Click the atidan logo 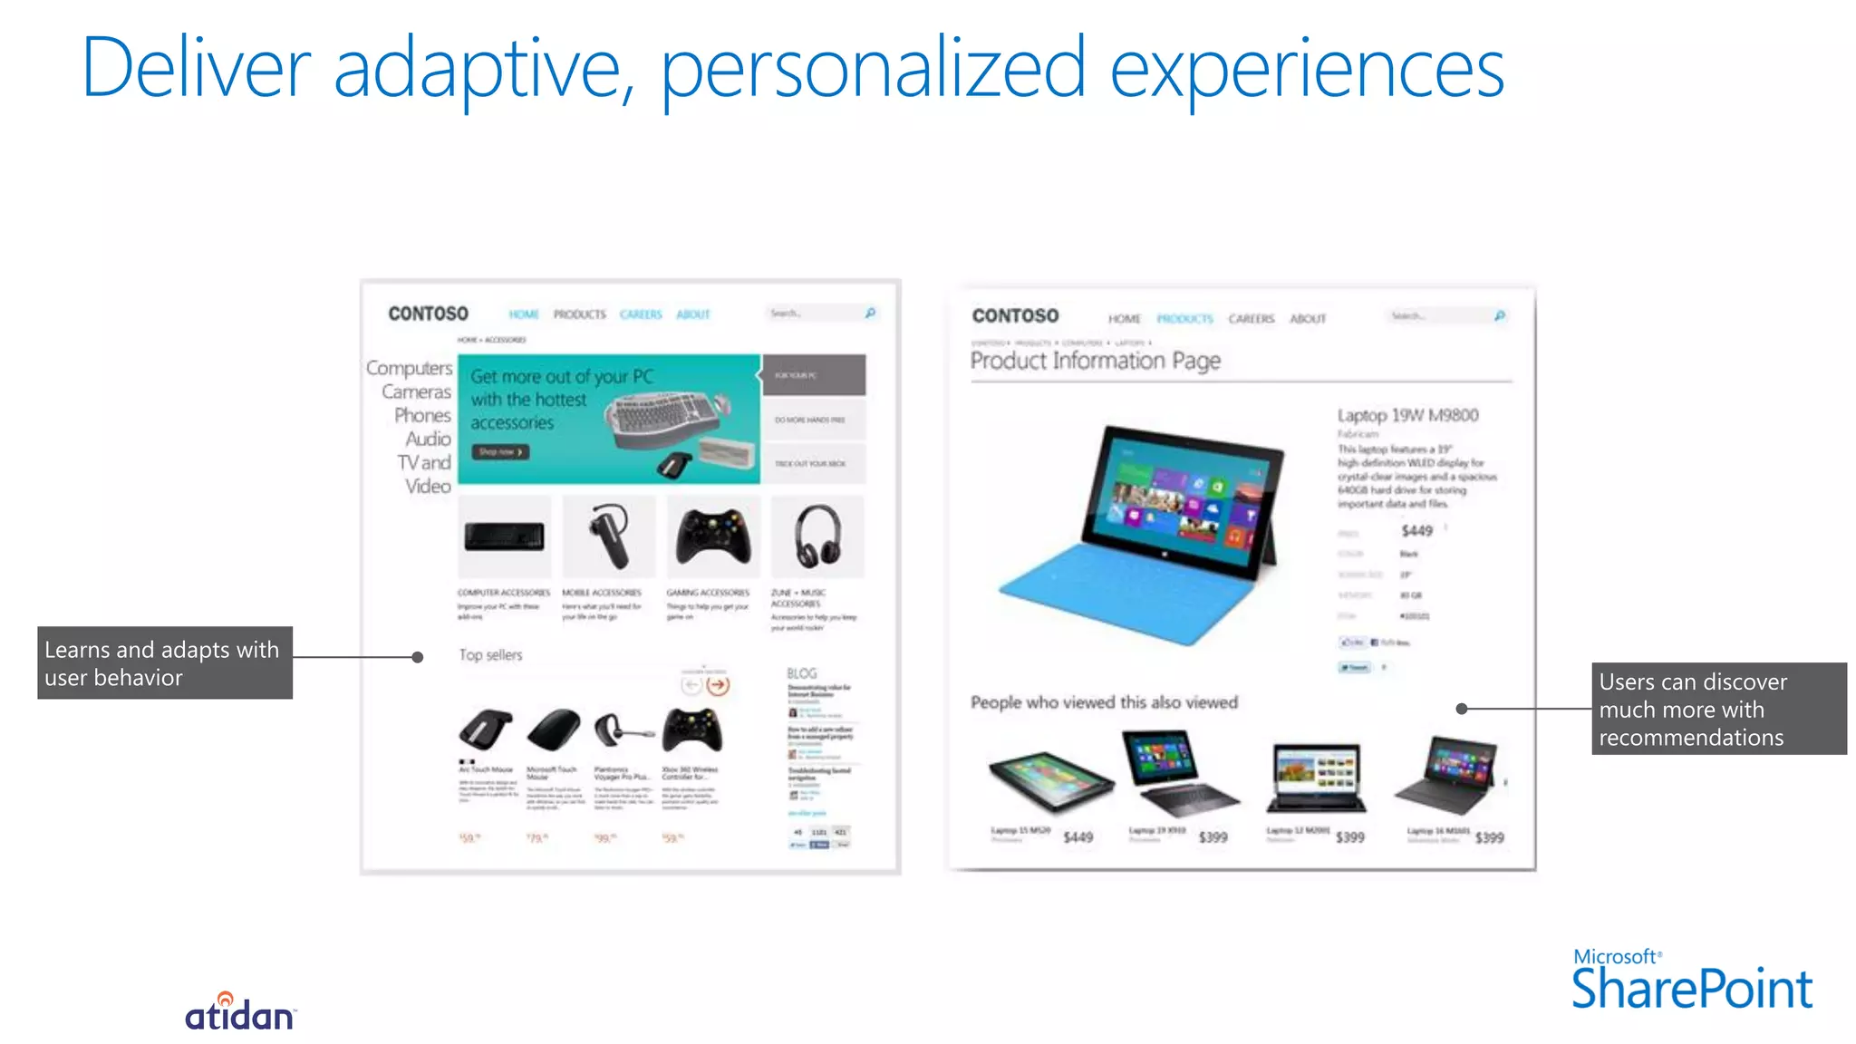pyautogui.click(x=239, y=1013)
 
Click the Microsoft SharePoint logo pyautogui.click(x=1691, y=981)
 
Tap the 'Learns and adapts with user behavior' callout pyautogui.click(x=164, y=663)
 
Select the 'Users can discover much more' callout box pyautogui.click(x=1718, y=709)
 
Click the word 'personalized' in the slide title pyautogui.click(x=872, y=69)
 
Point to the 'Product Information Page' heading pyautogui.click(x=1095, y=361)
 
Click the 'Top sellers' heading pyautogui.click(x=490, y=654)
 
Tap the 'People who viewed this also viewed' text pyautogui.click(x=1104, y=702)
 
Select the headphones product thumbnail pyautogui.click(x=817, y=536)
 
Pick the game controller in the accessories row pyautogui.click(x=713, y=536)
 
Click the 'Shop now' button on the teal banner pyautogui.click(x=499, y=451)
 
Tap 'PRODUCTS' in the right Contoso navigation pyautogui.click(x=1184, y=319)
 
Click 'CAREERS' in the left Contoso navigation pyautogui.click(x=641, y=314)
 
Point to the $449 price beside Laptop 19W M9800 pyautogui.click(x=1416, y=531)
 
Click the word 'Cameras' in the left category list pyautogui.click(x=416, y=391)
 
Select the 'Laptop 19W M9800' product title pyautogui.click(x=1407, y=415)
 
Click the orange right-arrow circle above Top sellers pyautogui.click(x=718, y=685)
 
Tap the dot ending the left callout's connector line pyautogui.click(x=418, y=657)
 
